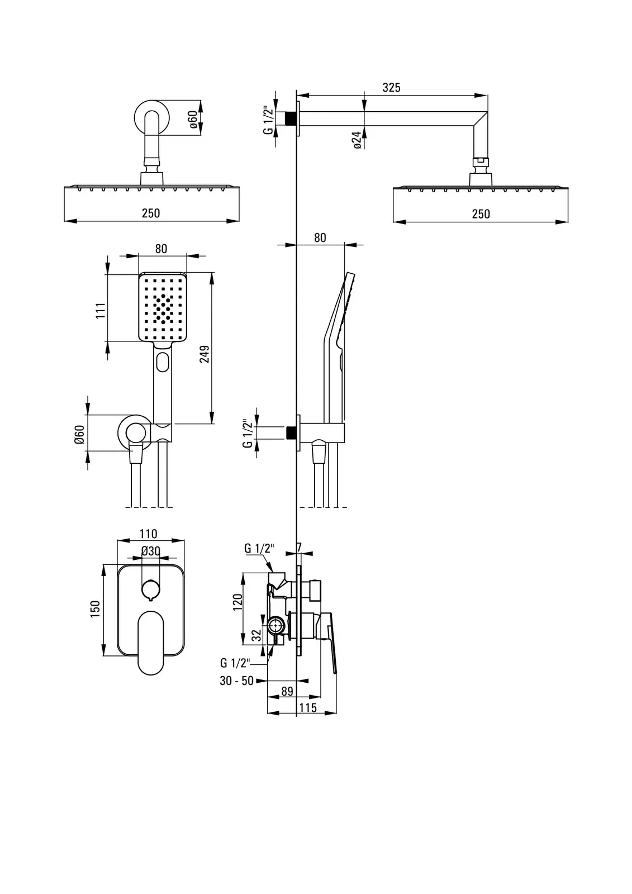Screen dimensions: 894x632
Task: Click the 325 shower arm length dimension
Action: click(391, 88)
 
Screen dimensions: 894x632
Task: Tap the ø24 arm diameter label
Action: click(357, 139)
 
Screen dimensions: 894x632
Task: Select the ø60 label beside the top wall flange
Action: click(192, 120)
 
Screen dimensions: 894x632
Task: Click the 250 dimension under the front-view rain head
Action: click(151, 213)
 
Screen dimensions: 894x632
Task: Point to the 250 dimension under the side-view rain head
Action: click(481, 213)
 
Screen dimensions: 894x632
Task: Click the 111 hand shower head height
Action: click(101, 310)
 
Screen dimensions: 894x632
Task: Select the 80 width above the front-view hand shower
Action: click(161, 249)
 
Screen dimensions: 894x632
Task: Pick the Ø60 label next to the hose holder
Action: click(79, 434)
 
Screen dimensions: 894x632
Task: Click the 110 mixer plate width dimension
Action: click(148, 534)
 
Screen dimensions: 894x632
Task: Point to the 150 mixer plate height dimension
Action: click(95, 608)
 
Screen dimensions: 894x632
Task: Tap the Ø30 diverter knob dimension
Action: click(150, 551)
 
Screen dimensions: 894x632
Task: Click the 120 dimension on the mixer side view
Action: click(237, 601)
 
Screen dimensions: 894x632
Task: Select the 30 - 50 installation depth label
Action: click(236, 681)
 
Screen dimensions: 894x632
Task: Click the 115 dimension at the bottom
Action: click(307, 708)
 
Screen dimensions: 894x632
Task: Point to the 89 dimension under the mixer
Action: click(287, 691)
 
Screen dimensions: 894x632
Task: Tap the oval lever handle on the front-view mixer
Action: click(150, 641)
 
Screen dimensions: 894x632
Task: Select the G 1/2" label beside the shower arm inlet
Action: click(268, 120)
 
